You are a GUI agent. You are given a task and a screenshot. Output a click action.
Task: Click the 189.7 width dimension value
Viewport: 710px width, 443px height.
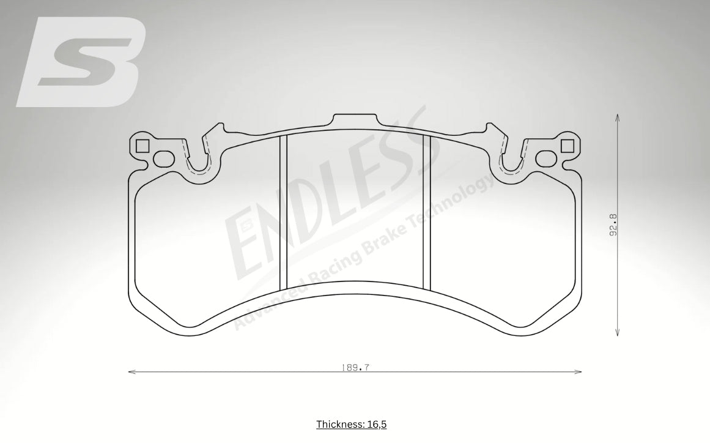tap(355, 368)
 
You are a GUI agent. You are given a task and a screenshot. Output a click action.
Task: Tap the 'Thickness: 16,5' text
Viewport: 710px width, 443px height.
tap(351, 424)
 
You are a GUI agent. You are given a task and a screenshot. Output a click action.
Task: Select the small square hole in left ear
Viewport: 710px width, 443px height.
tap(142, 146)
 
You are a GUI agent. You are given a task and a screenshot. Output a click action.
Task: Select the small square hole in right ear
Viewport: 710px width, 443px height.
tap(567, 146)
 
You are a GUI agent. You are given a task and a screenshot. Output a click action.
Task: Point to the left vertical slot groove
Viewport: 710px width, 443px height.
tap(283, 212)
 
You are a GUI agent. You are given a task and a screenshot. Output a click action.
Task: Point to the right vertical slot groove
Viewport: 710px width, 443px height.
tap(427, 212)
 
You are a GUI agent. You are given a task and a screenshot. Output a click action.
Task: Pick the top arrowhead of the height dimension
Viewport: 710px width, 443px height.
tap(618, 116)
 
